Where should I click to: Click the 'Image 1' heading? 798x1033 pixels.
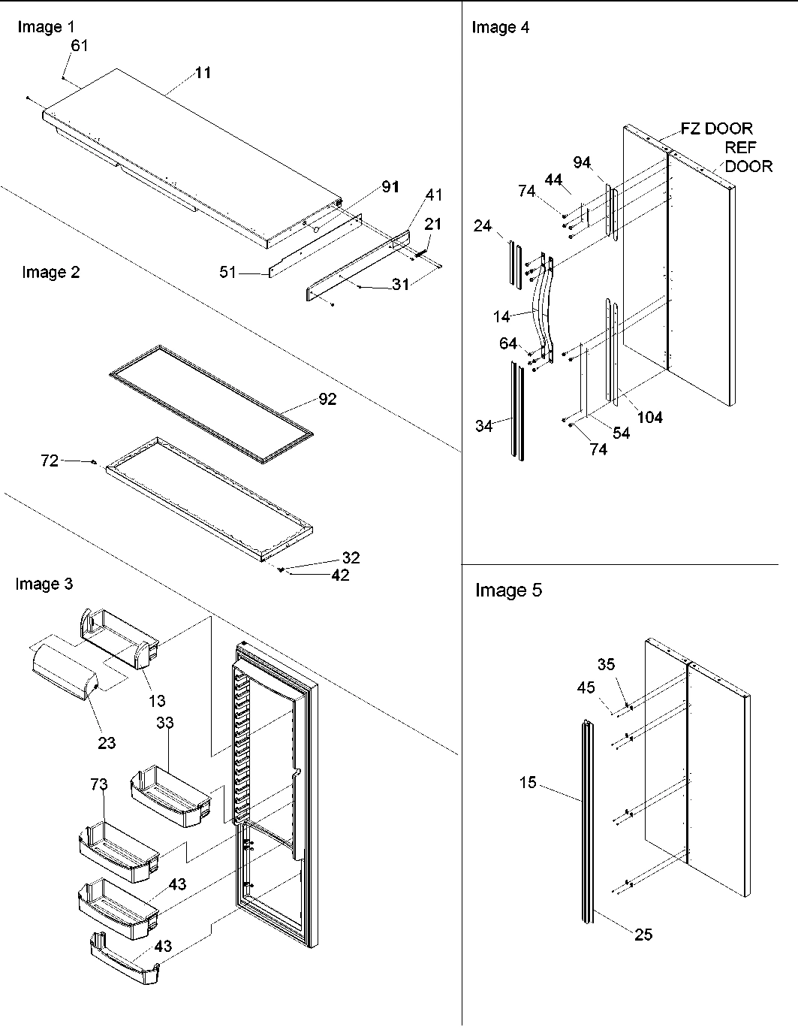46,27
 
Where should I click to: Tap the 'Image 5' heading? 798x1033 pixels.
508,591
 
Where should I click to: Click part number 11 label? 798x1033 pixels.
203,73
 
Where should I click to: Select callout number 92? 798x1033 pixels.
327,400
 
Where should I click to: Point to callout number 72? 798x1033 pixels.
49,461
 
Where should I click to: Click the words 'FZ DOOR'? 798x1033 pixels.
716,128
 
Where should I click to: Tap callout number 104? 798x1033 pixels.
649,417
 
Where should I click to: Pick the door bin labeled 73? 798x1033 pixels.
118,853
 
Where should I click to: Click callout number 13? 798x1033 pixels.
156,701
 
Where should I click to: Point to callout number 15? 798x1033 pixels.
528,783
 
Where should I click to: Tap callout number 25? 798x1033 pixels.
643,935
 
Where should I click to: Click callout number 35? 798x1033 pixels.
606,664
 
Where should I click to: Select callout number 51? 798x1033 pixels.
228,272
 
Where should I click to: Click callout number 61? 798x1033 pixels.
80,45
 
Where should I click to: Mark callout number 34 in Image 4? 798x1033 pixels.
483,426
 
